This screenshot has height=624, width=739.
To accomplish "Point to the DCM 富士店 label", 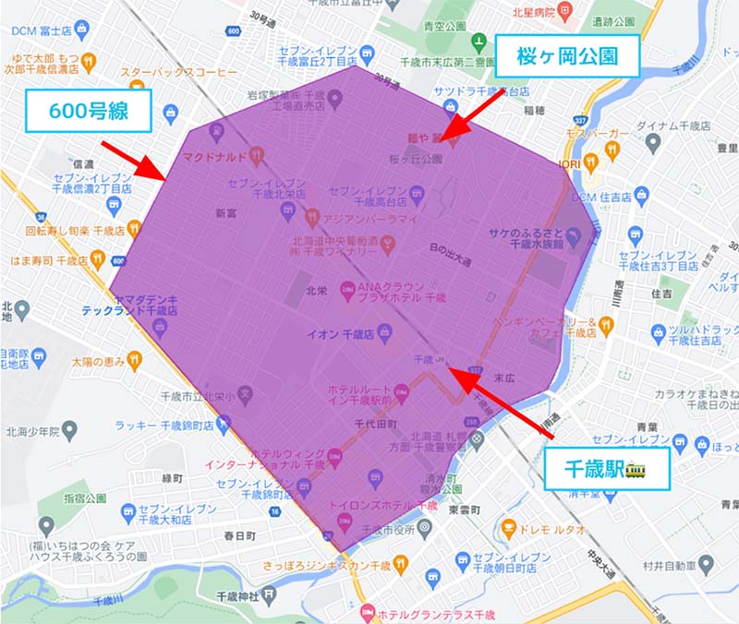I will click(42, 30).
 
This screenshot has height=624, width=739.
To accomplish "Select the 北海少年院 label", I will click(29, 431).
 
